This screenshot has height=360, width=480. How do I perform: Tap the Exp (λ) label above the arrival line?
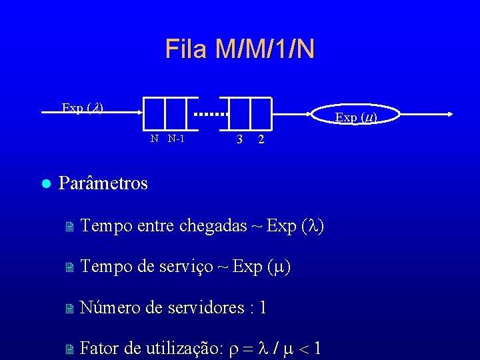[82, 107]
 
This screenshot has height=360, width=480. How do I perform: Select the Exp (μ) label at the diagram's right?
[356, 117]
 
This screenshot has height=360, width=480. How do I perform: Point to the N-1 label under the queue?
[176, 139]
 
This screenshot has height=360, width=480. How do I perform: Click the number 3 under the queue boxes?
[239, 140]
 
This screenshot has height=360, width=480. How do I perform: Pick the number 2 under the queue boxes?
[261, 140]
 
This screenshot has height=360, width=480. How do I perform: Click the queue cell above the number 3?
[239, 113]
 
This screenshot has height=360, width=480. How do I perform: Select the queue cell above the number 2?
[261, 113]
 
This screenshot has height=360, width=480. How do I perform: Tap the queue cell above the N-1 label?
[177, 113]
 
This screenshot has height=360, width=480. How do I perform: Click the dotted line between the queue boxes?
[211, 114]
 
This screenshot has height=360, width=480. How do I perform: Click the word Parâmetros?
[103, 183]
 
